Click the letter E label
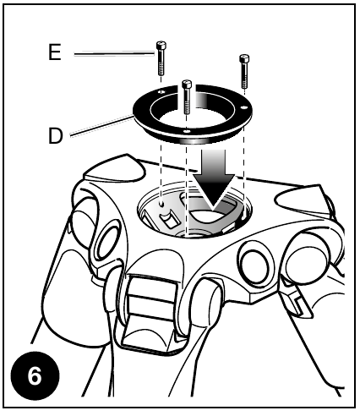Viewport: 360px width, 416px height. point(55,52)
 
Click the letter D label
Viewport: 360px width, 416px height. point(56,136)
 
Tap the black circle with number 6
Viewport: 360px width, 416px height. point(35,375)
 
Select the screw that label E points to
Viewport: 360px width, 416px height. point(161,57)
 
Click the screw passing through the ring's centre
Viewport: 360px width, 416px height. point(187,96)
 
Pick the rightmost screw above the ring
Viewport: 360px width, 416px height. point(244,70)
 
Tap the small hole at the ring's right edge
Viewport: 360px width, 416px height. point(243,107)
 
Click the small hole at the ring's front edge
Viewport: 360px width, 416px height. point(186,131)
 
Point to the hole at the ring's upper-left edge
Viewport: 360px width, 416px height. point(161,92)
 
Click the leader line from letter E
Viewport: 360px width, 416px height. point(114,54)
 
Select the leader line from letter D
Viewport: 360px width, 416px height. point(101,126)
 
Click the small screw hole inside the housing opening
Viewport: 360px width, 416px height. point(161,203)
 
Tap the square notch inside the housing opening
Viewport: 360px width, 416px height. point(170,221)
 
